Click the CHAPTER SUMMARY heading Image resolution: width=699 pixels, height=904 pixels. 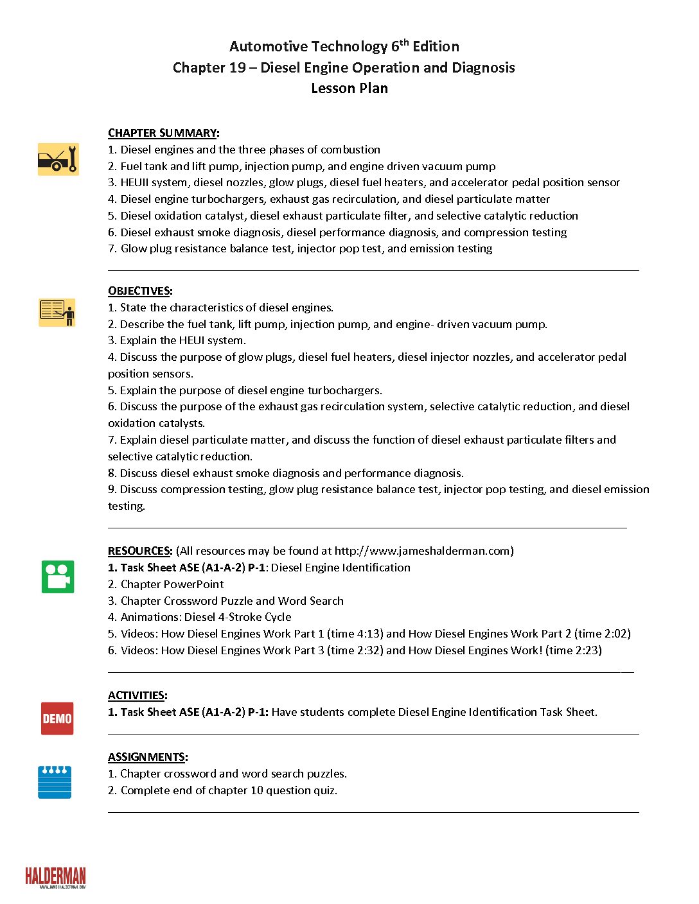[x=163, y=133]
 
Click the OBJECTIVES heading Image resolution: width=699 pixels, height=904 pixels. [x=139, y=291]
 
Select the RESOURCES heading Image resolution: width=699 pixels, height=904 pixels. [x=140, y=551]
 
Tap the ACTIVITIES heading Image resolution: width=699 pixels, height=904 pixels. [x=137, y=695]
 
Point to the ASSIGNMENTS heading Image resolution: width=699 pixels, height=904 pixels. [x=147, y=757]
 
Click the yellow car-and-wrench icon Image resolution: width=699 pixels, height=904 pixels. [x=58, y=159]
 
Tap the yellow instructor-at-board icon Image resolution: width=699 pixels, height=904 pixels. [x=57, y=313]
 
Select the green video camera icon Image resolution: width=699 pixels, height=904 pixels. [x=58, y=577]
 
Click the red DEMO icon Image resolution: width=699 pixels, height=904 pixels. [x=57, y=718]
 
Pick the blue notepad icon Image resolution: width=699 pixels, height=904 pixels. [x=55, y=782]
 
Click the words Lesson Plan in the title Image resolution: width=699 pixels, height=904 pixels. [x=349, y=89]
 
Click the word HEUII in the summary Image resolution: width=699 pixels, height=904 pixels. [x=134, y=182]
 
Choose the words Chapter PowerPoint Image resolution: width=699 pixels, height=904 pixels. [x=172, y=584]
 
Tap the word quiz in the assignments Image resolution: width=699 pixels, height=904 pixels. [x=324, y=790]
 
